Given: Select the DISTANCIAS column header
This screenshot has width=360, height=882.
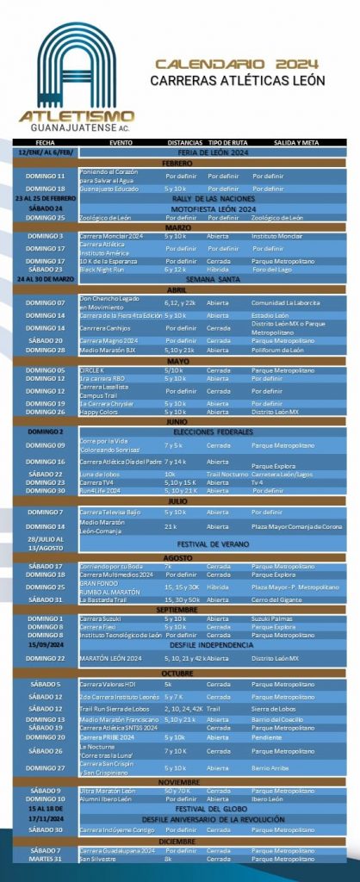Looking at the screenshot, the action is click(183, 142).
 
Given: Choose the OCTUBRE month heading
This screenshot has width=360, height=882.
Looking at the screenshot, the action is click(179, 674).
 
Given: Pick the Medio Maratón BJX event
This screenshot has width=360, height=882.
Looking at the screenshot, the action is click(108, 351).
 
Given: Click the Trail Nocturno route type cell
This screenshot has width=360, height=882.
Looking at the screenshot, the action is click(226, 475).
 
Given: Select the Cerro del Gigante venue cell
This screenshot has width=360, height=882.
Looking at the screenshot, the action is click(277, 599).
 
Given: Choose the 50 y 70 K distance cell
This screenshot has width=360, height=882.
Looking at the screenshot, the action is click(177, 791).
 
